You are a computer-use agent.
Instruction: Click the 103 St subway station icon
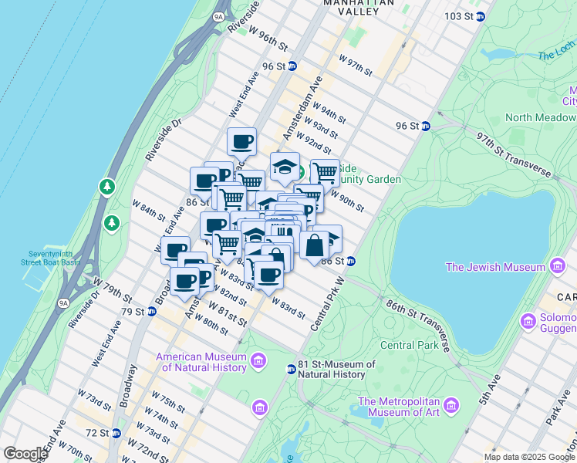(x=481, y=16)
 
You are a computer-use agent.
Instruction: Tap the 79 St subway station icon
(x=151, y=312)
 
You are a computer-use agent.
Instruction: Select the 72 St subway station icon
(x=116, y=434)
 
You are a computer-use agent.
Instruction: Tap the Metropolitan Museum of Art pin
(x=450, y=405)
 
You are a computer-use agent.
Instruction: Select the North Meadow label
(x=540, y=117)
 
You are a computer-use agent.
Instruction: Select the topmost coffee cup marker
(x=241, y=141)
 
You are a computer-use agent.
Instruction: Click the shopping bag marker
(x=315, y=246)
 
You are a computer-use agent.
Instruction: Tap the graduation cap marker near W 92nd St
(x=285, y=167)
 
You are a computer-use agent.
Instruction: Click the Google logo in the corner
(x=25, y=454)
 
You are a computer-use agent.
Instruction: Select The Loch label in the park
(x=556, y=55)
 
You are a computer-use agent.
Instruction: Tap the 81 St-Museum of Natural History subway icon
(x=291, y=369)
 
